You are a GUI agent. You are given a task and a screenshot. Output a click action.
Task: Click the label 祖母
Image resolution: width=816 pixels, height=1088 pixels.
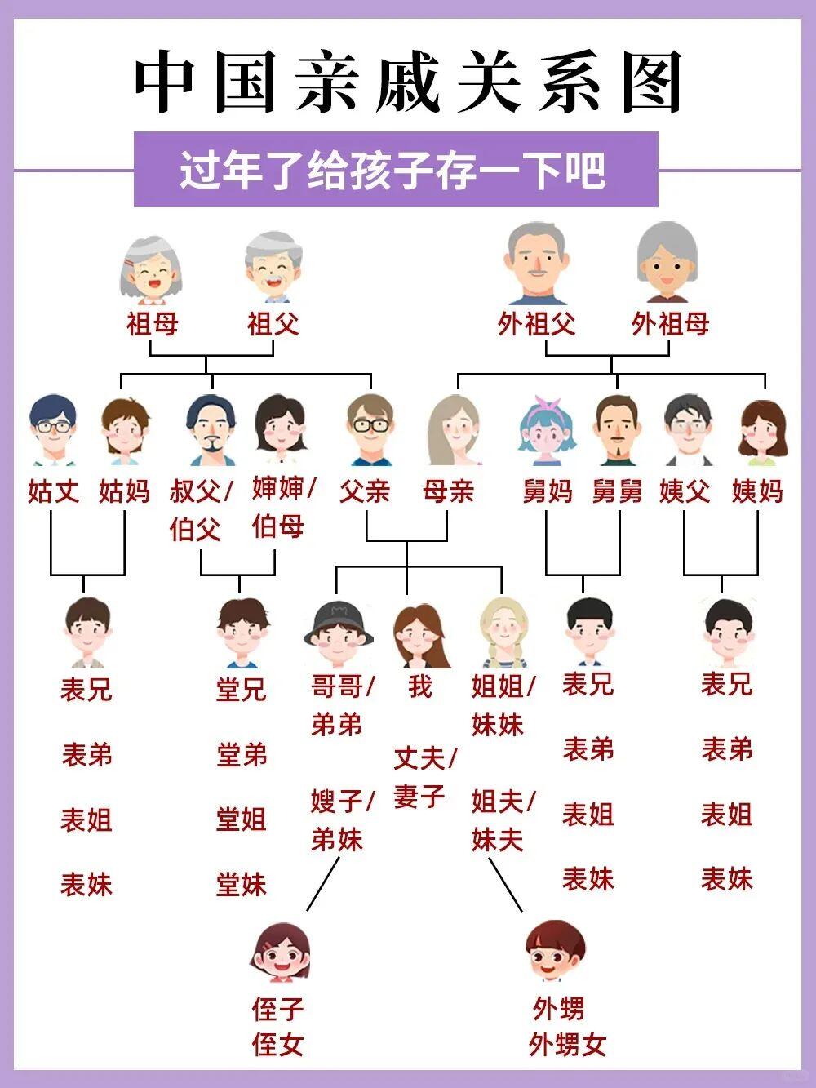click(152, 324)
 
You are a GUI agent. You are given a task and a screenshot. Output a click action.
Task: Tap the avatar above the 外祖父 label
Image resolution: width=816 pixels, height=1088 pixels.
click(537, 263)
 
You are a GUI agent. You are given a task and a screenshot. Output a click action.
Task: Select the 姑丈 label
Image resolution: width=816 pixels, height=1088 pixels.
click(54, 491)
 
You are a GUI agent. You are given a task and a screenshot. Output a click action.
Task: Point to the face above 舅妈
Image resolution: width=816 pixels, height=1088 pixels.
click(548, 429)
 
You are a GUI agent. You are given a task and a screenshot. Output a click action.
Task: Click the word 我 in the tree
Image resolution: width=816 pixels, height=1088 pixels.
click(419, 686)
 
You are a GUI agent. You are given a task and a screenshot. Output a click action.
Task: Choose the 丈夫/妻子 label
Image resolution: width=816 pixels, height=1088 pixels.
click(424, 776)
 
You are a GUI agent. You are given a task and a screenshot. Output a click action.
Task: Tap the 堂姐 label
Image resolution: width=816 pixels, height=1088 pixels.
click(242, 819)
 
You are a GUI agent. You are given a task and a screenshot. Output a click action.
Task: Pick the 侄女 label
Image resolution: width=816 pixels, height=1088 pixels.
click(278, 1043)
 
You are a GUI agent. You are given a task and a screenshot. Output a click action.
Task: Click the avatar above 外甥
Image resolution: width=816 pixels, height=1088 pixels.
click(555, 952)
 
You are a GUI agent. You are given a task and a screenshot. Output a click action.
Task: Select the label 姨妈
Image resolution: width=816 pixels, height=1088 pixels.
click(757, 491)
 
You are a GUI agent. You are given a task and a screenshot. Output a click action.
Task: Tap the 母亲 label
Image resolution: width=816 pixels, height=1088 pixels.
click(448, 491)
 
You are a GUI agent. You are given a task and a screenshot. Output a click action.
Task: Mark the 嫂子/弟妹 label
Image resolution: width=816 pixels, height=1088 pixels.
click(342, 820)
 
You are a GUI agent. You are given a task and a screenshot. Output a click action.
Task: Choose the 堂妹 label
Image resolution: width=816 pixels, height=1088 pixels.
click(242, 884)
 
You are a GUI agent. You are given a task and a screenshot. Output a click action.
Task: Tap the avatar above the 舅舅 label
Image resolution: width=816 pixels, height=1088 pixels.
click(618, 429)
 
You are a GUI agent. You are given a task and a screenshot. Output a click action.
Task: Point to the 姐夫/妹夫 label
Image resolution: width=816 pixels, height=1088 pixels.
click(503, 820)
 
